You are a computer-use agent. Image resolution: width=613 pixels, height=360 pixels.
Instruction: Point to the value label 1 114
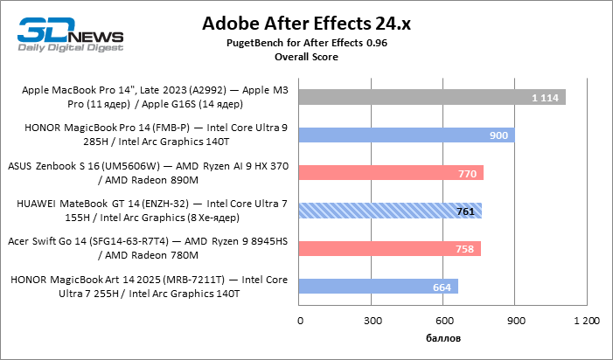pos(544,97)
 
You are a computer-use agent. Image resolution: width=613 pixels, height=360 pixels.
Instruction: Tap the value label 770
pos(467,173)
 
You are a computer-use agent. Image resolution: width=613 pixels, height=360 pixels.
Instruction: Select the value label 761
pos(465,211)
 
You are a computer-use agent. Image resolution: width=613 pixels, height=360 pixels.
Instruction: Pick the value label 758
pos(464,249)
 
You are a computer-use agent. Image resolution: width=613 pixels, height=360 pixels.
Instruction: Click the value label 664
pos(442,287)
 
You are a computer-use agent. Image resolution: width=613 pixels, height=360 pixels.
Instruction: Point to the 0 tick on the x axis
pos(300,321)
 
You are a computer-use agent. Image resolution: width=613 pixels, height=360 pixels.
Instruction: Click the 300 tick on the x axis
pos(372,321)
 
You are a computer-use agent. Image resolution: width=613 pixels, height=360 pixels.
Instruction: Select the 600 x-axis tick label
pos(443,321)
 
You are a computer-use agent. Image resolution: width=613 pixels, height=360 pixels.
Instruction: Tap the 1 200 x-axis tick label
pos(586,321)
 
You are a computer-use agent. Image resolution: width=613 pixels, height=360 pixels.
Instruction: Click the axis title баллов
pos(443,337)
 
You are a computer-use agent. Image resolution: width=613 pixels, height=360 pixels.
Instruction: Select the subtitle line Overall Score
pos(306,56)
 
